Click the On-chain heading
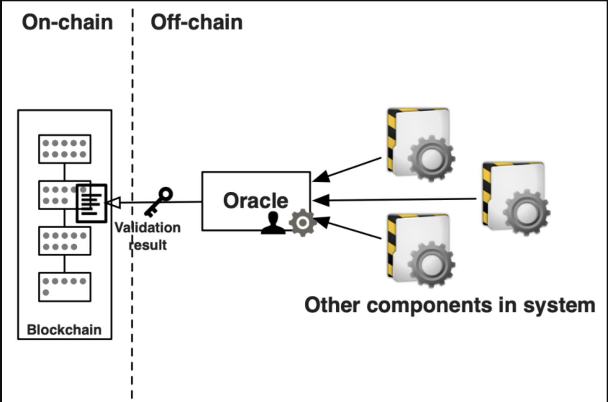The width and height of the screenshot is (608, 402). pos(68,22)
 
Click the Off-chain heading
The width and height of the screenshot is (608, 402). pos(196,22)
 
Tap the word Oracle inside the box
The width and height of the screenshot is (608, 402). pos(255,201)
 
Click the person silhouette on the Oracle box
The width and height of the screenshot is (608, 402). pos(273,224)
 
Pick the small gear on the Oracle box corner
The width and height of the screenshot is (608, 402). pos(303,223)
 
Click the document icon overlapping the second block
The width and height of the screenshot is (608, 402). pos(91,204)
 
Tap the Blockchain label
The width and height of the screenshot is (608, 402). pos(64,330)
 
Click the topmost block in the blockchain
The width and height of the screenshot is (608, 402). pos(65,149)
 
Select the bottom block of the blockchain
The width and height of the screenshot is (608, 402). pos(65,287)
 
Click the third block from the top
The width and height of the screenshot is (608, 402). pos(65,241)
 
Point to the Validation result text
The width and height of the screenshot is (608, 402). pos(148,236)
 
